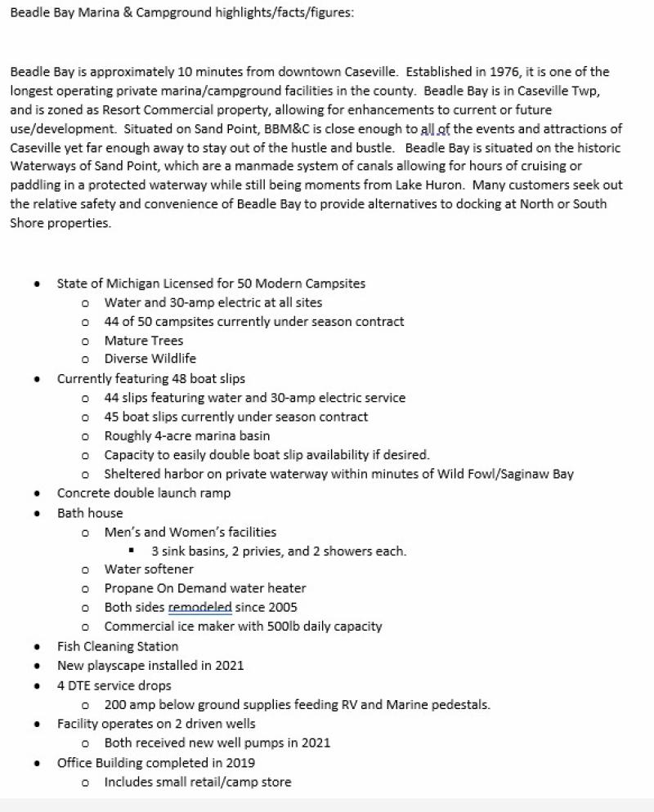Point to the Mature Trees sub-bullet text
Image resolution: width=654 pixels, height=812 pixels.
144,341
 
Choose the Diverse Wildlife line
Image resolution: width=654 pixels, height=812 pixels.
150,359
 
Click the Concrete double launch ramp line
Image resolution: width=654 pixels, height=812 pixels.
144,493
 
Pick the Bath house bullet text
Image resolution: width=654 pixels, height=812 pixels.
90,513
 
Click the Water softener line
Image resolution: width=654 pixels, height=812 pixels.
149,569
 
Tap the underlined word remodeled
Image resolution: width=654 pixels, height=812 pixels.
199,608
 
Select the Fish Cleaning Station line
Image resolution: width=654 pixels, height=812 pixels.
118,646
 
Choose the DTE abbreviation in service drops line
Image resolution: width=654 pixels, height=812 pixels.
81,685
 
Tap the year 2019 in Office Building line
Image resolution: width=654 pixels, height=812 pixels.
238,763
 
